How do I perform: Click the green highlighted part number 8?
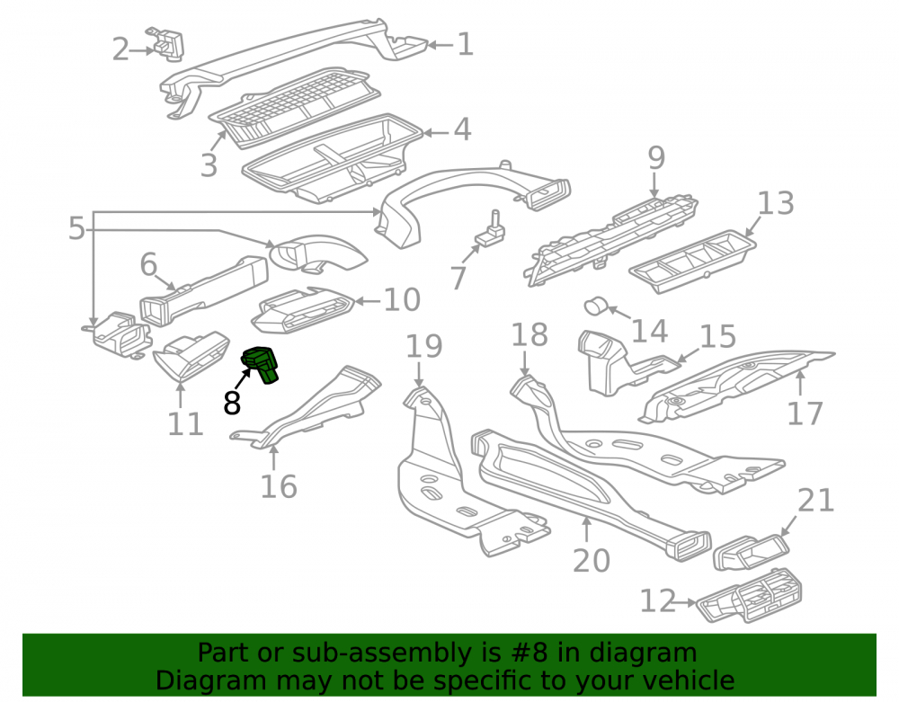point(261,364)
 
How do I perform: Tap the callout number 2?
point(120,49)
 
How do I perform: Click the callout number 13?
point(775,203)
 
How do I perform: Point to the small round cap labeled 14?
point(596,306)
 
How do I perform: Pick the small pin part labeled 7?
point(491,230)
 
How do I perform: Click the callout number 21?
point(815,501)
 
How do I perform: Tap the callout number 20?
point(592,560)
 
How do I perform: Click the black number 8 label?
point(232,403)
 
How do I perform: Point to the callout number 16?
point(279,486)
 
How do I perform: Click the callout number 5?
point(76,228)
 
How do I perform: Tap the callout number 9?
point(656,157)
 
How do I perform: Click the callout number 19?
point(424,346)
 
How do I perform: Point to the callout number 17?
point(805,413)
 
